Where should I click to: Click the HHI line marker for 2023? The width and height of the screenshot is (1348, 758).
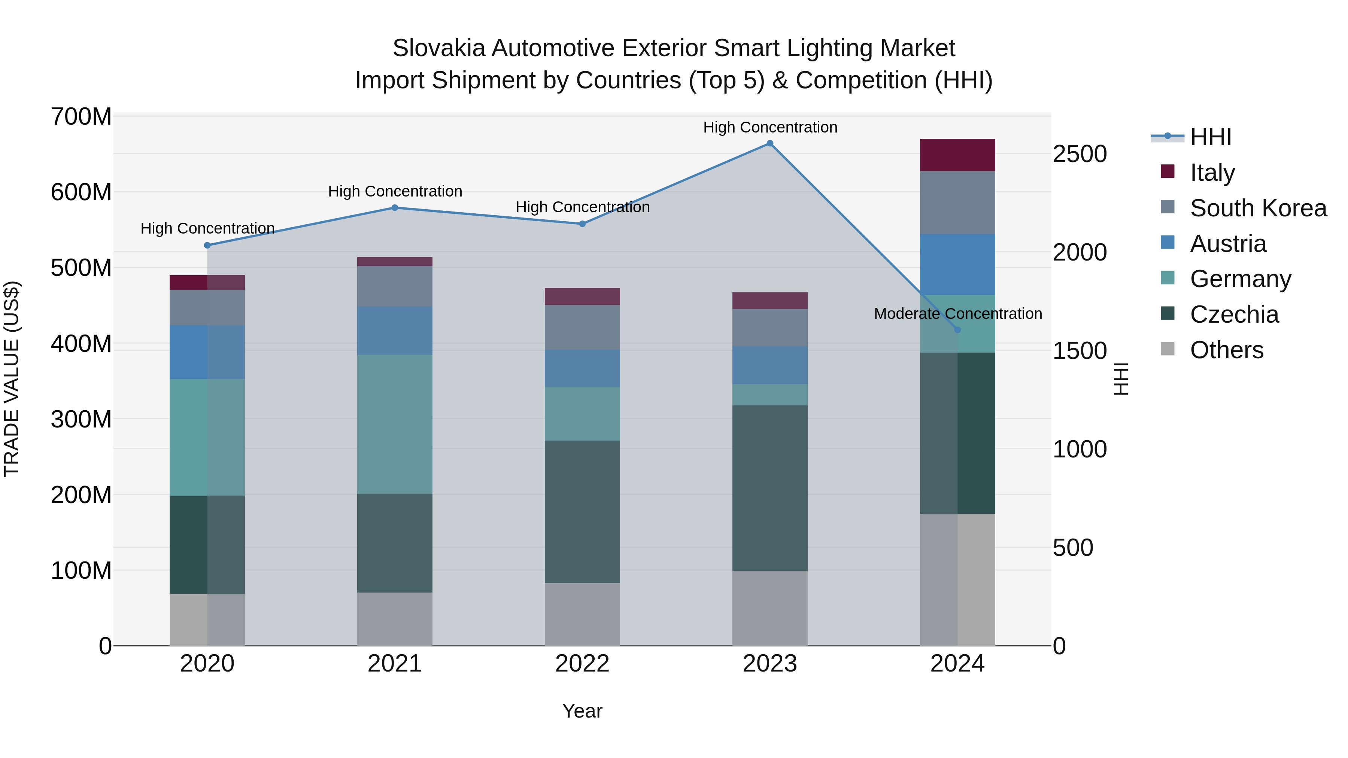pyautogui.click(x=770, y=143)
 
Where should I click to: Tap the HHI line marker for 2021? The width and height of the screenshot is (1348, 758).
pyautogui.click(x=395, y=208)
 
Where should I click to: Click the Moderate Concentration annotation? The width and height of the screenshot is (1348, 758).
pyautogui.click(x=957, y=314)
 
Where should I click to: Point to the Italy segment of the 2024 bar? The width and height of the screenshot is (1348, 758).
pyautogui.click(x=957, y=155)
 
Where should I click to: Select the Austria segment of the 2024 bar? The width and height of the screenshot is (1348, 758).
pyautogui.click(x=957, y=264)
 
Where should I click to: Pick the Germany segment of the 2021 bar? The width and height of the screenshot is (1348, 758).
pyautogui.click(x=395, y=424)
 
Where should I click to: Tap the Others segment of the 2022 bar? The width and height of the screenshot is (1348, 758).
pyautogui.click(x=582, y=614)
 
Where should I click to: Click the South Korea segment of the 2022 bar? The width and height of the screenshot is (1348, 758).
pyautogui.click(x=582, y=328)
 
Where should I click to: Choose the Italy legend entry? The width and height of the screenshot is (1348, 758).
pyautogui.click(x=1212, y=173)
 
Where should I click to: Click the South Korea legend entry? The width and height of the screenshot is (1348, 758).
pyautogui.click(x=1258, y=208)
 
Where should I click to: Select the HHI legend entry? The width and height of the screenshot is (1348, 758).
pyautogui.click(x=1210, y=137)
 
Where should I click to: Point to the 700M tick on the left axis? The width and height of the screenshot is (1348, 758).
pyautogui.click(x=81, y=117)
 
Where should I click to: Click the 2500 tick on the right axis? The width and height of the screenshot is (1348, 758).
pyautogui.click(x=1080, y=154)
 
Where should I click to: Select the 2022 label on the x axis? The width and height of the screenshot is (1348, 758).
pyautogui.click(x=582, y=664)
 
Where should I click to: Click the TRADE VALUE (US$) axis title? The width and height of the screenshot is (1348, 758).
pyautogui.click(x=12, y=379)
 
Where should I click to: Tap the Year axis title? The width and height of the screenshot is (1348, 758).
pyautogui.click(x=582, y=711)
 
